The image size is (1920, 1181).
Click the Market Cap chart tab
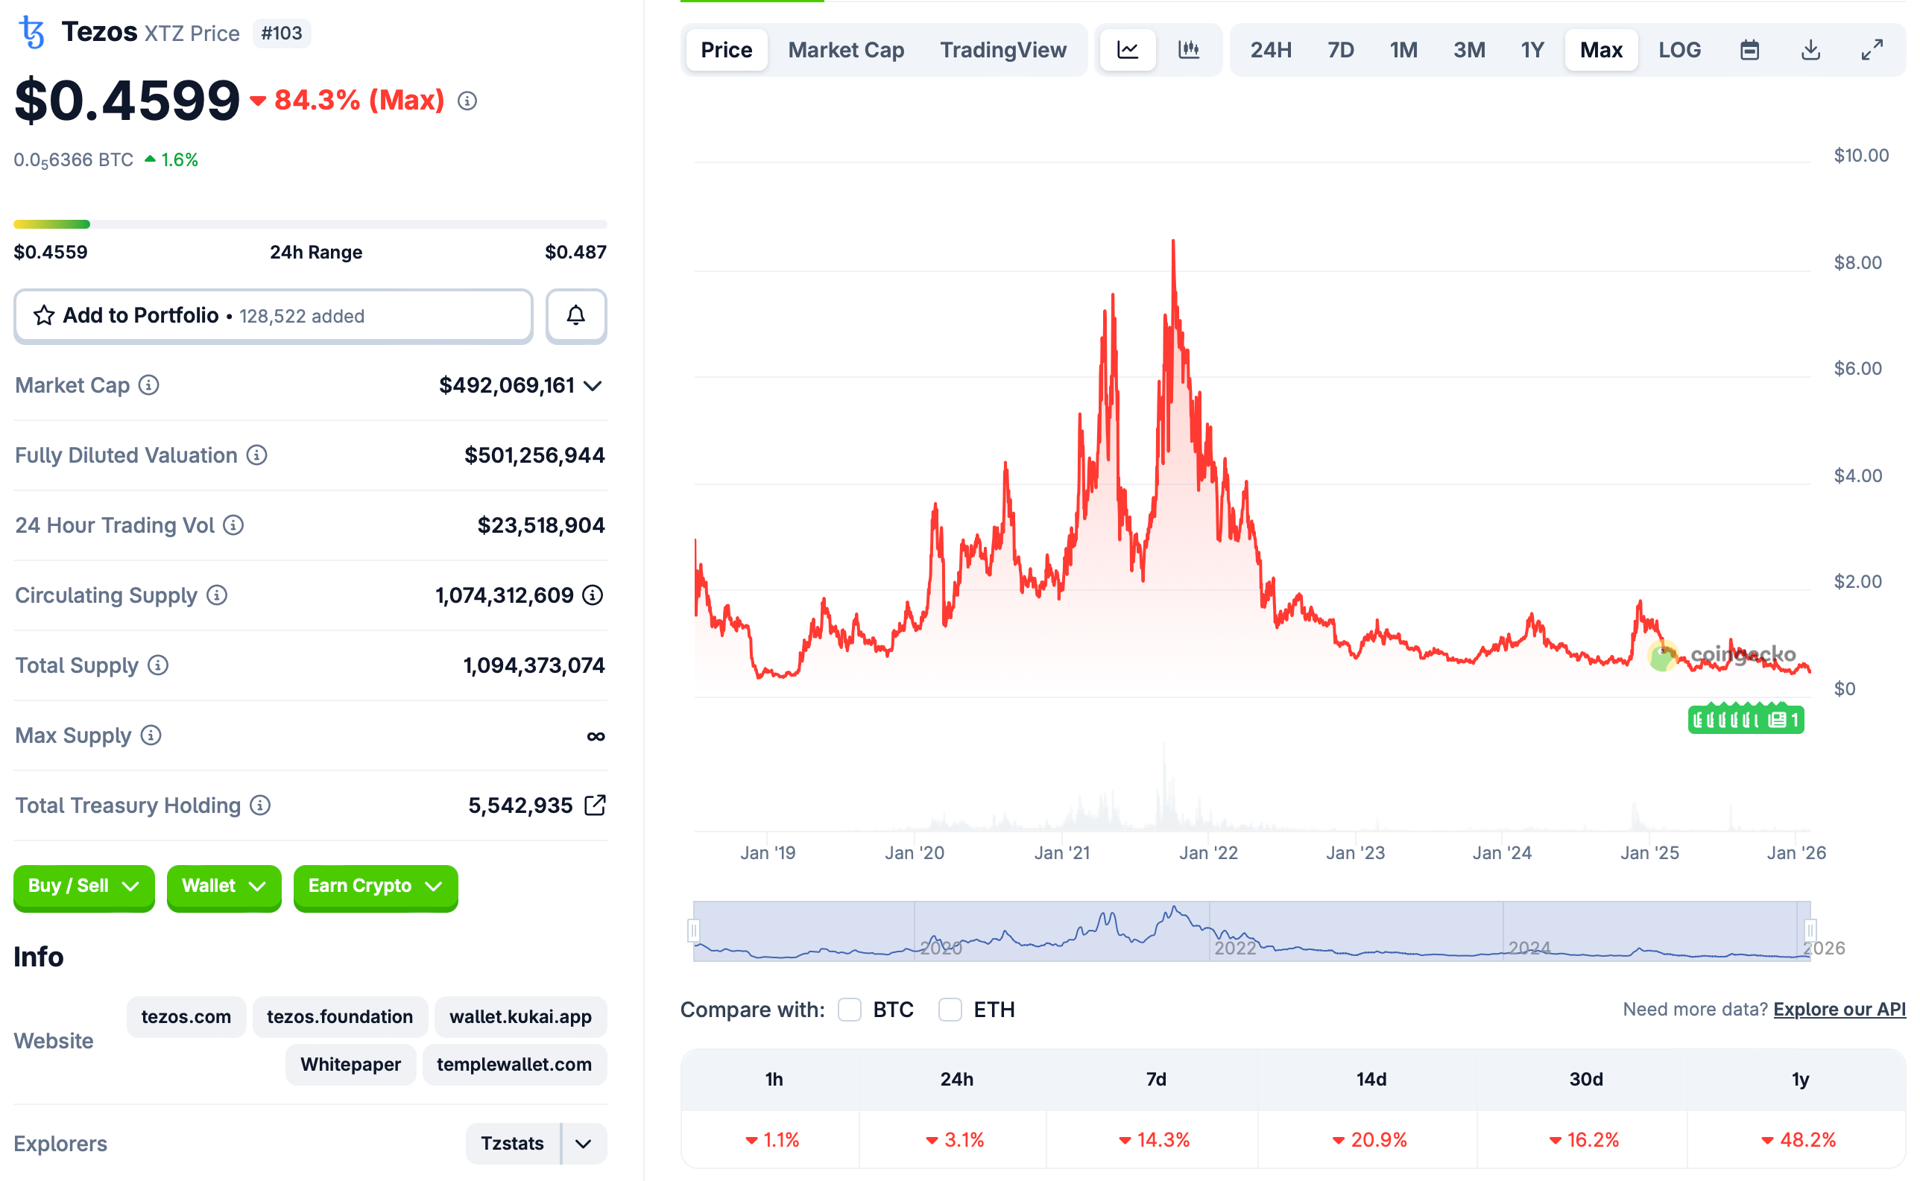click(845, 50)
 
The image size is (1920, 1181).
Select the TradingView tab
click(1002, 50)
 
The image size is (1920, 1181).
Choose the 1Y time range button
click(1532, 50)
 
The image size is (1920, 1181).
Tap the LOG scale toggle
click(1679, 50)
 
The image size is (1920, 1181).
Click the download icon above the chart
click(1810, 50)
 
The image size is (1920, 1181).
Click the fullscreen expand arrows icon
click(1872, 50)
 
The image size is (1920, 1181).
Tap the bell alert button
click(575, 316)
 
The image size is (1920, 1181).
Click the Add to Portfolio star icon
click(44, 316)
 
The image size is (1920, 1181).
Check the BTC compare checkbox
click(849, 1009)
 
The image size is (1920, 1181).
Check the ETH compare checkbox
click(950, 1009)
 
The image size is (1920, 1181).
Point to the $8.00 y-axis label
click(1857, 262)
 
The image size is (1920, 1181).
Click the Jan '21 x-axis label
click(1061, 852)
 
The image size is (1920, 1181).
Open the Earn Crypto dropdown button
click(375, 886)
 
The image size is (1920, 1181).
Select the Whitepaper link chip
click(350, 1064)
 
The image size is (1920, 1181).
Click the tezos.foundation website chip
click(340, 1016)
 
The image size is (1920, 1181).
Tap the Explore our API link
click(1839, 1009)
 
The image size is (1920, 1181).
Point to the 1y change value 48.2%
click(1807, 1139)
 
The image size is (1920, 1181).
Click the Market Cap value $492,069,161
click(506, 385)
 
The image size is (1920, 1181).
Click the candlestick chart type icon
click(1188, 50)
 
